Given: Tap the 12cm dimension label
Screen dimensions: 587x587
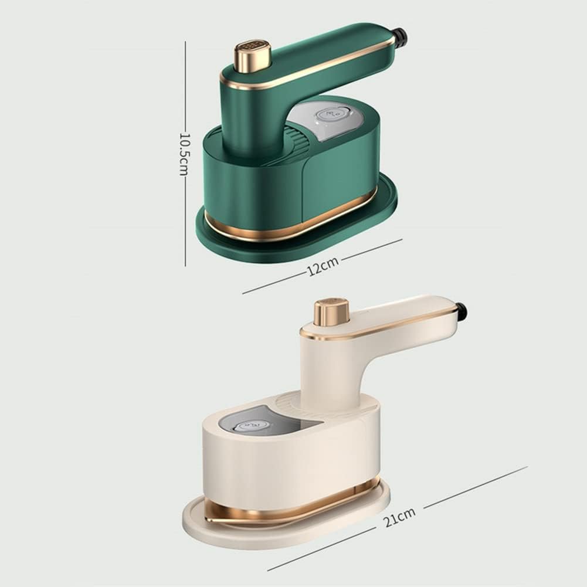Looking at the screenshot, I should pos(323,266).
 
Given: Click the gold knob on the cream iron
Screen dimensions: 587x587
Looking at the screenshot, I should pos(331,312).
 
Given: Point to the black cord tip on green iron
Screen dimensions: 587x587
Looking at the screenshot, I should pos(400,38).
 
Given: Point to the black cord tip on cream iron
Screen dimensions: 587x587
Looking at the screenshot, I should pos(462,311).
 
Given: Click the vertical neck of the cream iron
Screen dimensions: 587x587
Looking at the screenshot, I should pos(331,369).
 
